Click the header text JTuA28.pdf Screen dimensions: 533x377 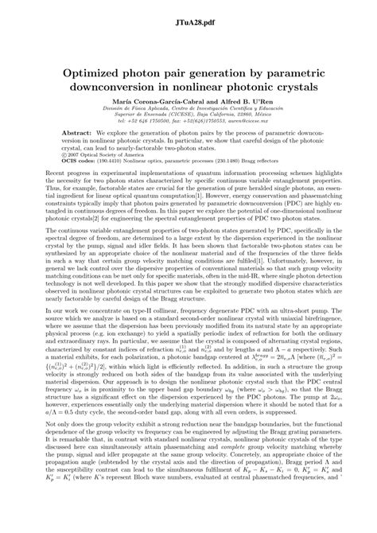pyautogui.click(x=188, y=12)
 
